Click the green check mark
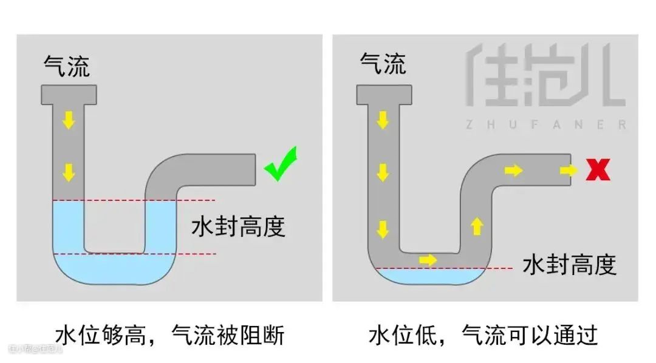pyautogui.click(x=281, y=164)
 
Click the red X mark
pyautogui.click(x=598, y=170)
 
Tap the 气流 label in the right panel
pyautogui.click(x=383, y=63)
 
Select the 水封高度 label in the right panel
pyautogui.click(x=569, y=265)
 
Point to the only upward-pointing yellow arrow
pyautogui.click(x=477, y=226)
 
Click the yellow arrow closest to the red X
pyautogui.click(x=569, y=171)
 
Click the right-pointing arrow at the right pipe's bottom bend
pyautogui.click(x=428, y=260)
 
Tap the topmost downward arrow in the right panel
pyautogui.click(x=382, y=120)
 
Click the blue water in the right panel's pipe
pyautogui.click(x=425, y=276)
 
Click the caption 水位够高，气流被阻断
pyautogui.click(x=169, y=335)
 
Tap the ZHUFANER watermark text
pyautogui.click(x=545, y=124)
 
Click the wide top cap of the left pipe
pyautogui.click(x=69, y=94)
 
